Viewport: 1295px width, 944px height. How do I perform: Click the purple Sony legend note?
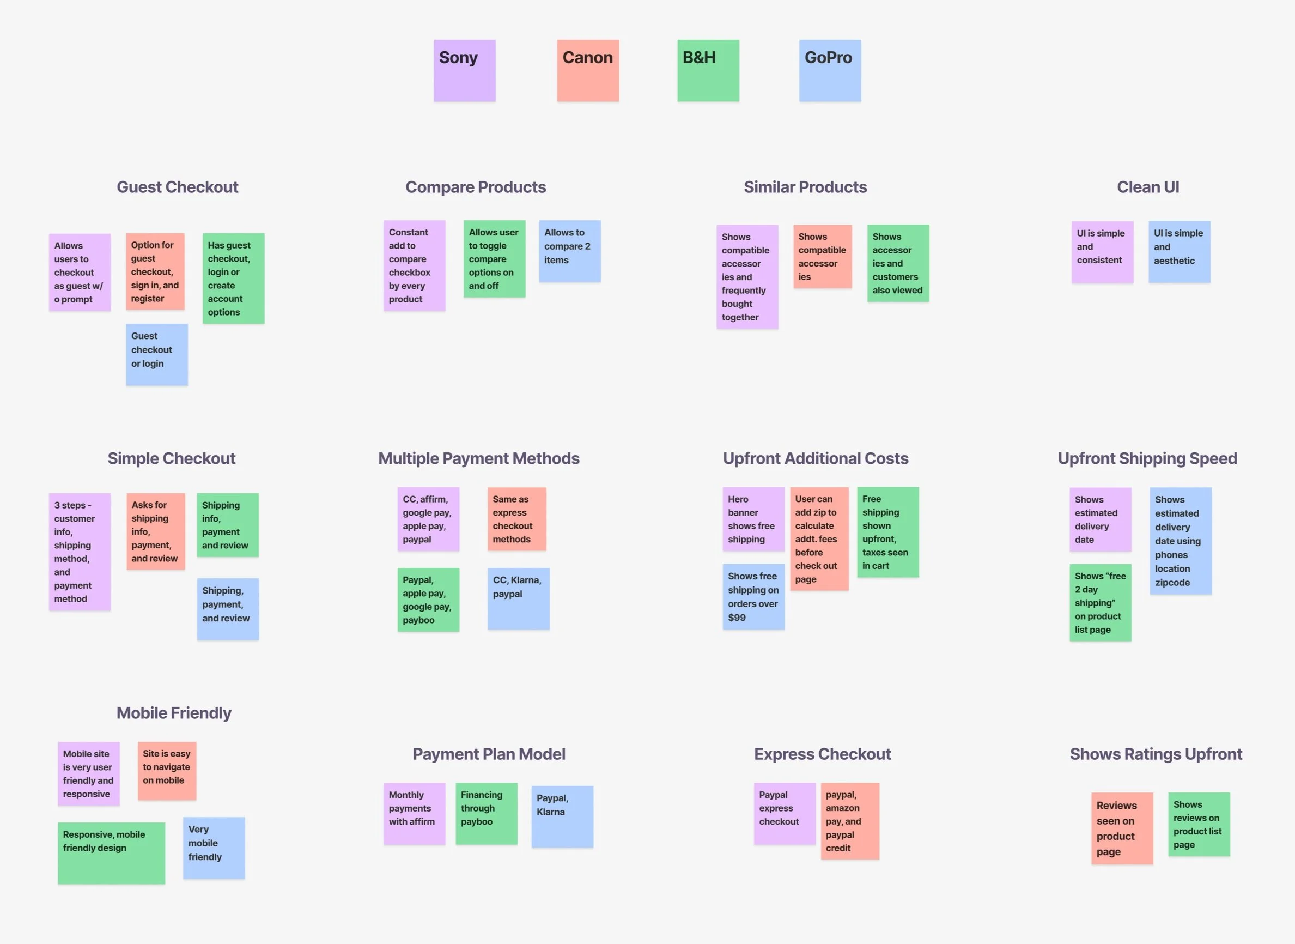coord(464,70)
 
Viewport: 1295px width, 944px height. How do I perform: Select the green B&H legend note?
coord(708,70)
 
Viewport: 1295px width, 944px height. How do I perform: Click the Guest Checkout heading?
coord(177,187)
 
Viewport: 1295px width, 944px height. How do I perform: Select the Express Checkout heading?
coord(822,754)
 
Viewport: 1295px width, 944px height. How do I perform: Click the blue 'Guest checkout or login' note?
coord(156,354)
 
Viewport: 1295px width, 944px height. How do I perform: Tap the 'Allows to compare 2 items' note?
coord(569,251)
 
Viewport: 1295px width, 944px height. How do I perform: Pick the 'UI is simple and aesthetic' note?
coord(1179,251)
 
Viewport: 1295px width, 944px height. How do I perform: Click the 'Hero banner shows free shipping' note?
coord(753,519)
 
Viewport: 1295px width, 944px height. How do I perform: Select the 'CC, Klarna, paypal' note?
coord(518,598)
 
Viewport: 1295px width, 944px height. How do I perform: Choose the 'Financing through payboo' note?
coord(486,813)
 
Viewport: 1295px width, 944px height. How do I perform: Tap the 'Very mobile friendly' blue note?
coord(214,848)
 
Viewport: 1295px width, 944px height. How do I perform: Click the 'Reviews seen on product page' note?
coord(1121,827)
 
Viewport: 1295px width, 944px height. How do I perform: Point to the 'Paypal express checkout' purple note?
coord(785,813)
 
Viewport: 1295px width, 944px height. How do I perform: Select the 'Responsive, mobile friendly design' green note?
coord(111,852)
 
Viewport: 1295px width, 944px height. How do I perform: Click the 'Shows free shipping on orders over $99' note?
coord(753,597)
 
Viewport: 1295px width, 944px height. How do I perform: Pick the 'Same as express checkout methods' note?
coord(516,519)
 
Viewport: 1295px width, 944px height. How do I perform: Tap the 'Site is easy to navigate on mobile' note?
coord(167,770)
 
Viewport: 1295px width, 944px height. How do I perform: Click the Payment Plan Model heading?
coord(489,754)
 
